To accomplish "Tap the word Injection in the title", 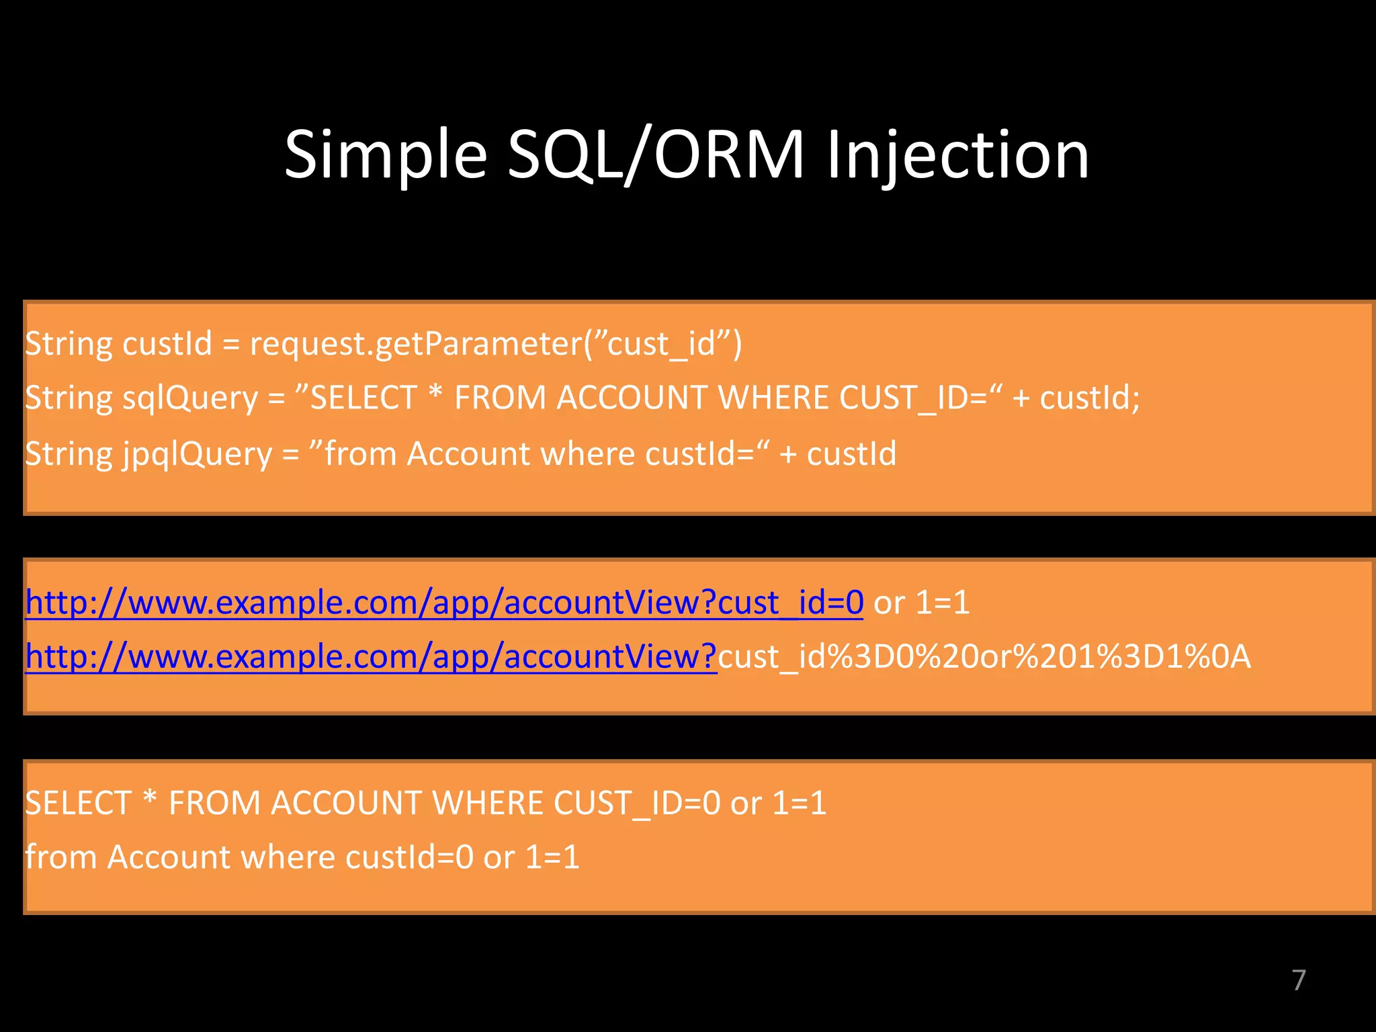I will pyautogui.click(x=957, y=156).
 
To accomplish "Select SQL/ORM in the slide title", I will pyautogui.click(x=655, y=156).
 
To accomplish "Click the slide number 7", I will pyautogui.click(x=1298, y=980).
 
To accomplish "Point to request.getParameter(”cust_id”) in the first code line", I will pyautogui.click(x=496, y=344).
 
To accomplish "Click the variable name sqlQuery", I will pyautogui.click(x=190, y=398).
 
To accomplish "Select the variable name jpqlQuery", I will pyautogui.click(x=197, y=454).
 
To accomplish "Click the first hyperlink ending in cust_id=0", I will pyautogui.click(x=444, y=603).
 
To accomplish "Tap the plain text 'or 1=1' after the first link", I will pyautogui.click(x=921, y=603).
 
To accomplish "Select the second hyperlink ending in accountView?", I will pyautogui.click(x=371, y=657).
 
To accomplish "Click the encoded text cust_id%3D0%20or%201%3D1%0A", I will pyautogui.click(x=984, y=657).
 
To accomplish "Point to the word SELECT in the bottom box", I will pyautogui.click(x=78, y=804).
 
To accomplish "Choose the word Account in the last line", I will pyautogui.click(x=169, y=858).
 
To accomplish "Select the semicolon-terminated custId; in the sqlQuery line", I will pyautogui.click(x=1090, y=398).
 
